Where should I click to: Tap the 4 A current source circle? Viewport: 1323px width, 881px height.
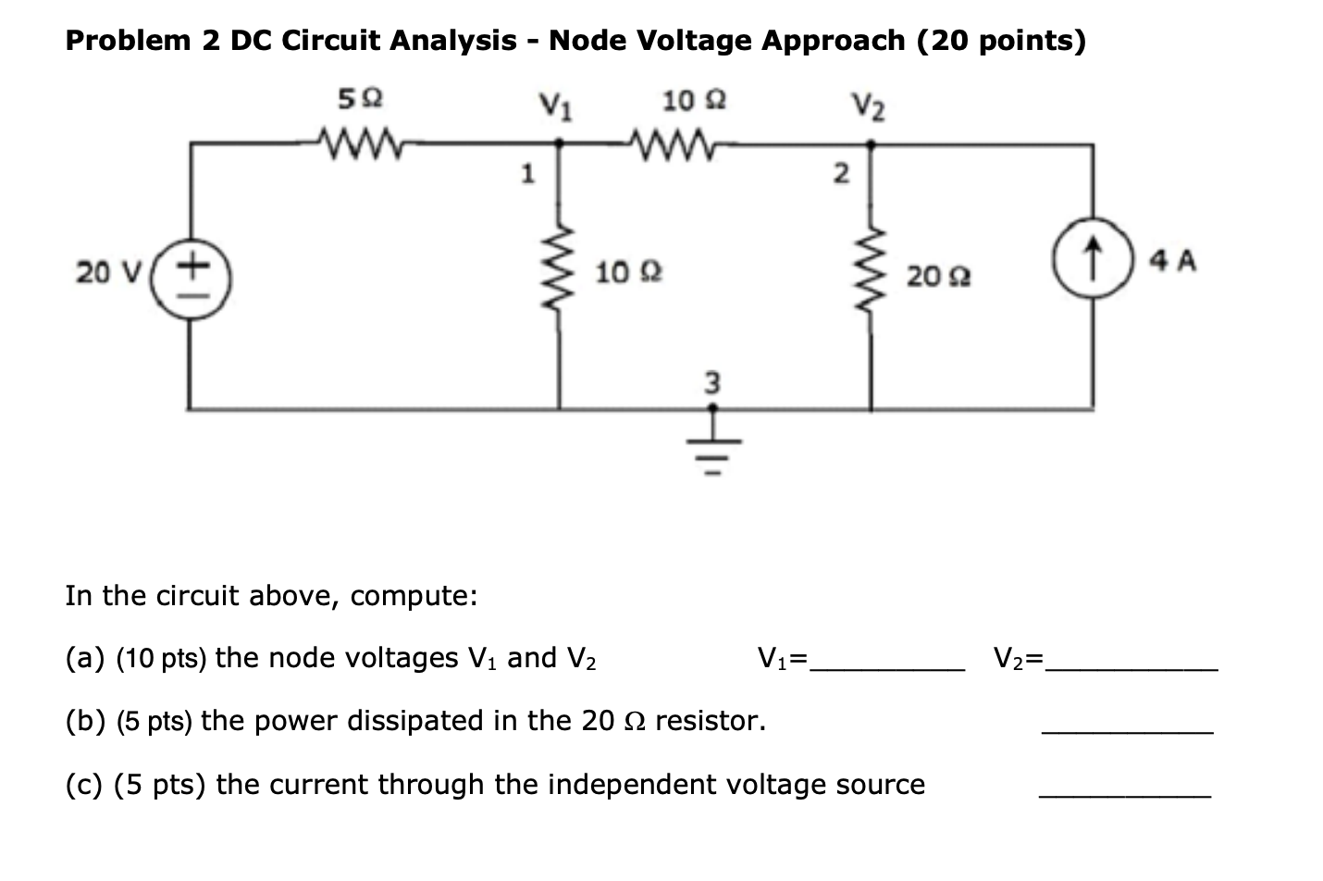(1094, 255)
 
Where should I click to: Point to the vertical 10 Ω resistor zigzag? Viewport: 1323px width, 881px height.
(558, 274)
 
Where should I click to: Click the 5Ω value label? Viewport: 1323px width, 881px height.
(361, 98)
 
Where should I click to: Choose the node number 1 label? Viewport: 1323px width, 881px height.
(526, 173)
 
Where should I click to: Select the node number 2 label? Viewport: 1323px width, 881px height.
(839, 174)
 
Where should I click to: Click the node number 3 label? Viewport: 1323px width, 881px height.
(711, 381)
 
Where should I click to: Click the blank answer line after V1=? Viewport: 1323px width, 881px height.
(887, 663)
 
